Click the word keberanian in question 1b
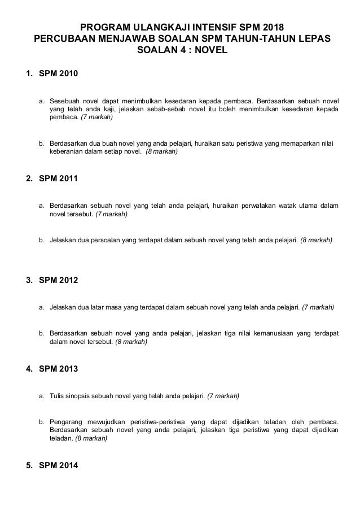click(x=69, y=152)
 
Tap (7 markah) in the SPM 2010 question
click(x=96, y=117)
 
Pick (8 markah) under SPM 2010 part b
click(x=161, y=152)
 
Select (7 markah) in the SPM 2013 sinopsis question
click(x=223, y=396)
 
